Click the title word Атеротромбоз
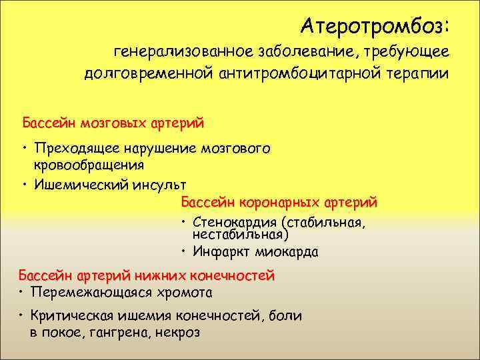(375, 26)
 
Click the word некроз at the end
(179, 331)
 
